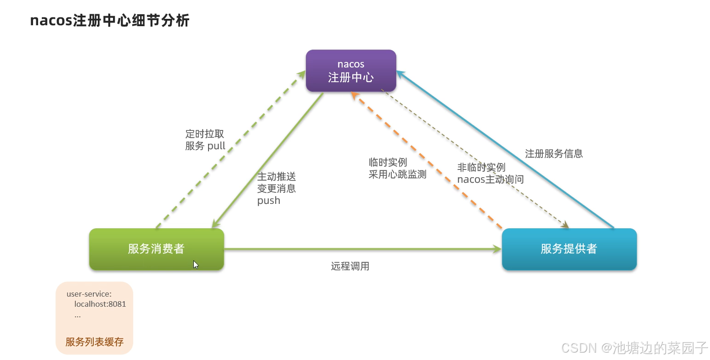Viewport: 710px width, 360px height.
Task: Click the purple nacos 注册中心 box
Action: [x=351, y=71]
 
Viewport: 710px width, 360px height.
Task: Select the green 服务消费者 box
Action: [x=156, y=249]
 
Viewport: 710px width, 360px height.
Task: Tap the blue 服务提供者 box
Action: [x=569, y=249]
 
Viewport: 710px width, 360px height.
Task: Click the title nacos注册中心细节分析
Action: [x=109, y=21]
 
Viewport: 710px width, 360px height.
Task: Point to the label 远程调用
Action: [x=350, y=266]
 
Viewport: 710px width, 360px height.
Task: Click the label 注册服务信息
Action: [x=554, y=154]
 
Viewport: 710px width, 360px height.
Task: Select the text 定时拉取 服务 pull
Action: [x=205, y=140]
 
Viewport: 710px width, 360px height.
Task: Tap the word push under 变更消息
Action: [x=269, y=201]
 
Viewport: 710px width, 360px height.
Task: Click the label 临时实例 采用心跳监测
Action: [x=397, y=169]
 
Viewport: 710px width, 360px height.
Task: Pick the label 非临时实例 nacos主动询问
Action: [x=490, y=173]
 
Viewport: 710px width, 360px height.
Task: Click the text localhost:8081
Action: [x=100, y=304]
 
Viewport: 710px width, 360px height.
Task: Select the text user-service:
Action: [x=89, y=294]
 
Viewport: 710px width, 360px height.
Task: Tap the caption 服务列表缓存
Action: [x=95, y=342]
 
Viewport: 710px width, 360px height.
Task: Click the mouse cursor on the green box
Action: [x=196, y=264]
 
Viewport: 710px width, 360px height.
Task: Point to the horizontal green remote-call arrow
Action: [x=363, y=249]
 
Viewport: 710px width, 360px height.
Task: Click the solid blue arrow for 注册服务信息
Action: [x=505, y=149]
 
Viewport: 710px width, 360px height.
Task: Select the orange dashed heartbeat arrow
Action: [x=427, y=161]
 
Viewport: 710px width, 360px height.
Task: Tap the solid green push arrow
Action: [x=268, y=161]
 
